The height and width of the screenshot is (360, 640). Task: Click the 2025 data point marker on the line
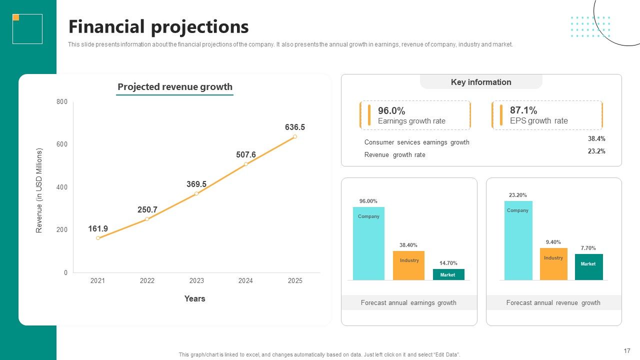pyautogui.click(x=295, y=136)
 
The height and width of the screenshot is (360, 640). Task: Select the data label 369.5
pyautogui.click(x=196, y=184)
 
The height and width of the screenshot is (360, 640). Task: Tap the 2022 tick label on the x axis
pyautogui.click(x=147, y=280)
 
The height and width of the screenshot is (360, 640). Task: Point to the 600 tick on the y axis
pyautogui.click(x=62, y=144)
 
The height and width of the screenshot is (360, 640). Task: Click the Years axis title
pyautogui.click(x=194, y=298)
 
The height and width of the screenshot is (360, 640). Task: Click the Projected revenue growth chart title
pyautogui.click(x=175, y=86)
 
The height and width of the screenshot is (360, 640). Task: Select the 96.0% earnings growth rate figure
pyautogui.click(x=391, y=110)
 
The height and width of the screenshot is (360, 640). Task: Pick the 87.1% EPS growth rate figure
pyautogui.click(x=523, y=110)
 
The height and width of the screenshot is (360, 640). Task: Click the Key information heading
pyautogui.click(x=481, y=82)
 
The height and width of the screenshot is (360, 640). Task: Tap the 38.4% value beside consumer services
pyautogui.click(x=596, y=138)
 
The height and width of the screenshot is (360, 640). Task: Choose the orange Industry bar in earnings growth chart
pyautogui.click(x=408, y=265)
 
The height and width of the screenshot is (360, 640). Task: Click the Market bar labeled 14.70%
pyautogui.click(x=448, y=274)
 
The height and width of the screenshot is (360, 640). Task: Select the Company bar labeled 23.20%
pyautogui.click(x=518, y=240)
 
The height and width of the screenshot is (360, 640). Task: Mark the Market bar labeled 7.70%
pyautogui.click(x=589, y=267)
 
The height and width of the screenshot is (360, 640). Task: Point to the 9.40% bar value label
pyautogui.click(x=553, y=242)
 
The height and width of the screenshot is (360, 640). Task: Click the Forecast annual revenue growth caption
pyautogui.click(x=553, y=302)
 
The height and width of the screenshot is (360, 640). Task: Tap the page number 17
pyautogui.click(x=627, y=350)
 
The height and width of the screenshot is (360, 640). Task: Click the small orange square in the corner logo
pyautogui.click(x=16, y=17)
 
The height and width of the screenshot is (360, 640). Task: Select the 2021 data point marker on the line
pyautogui.click(x=98, y=238)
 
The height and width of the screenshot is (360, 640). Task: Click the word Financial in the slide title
pyautogui.click(x=106, y=26)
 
